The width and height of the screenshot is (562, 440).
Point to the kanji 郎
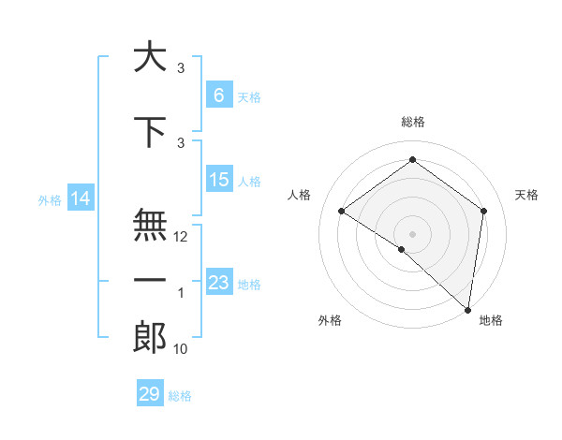tap(150, 336)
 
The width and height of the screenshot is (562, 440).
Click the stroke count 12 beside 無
tap(181, 237)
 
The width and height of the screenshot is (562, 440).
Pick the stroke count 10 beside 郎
tap(181, 349)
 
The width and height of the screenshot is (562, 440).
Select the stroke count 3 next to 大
tap(181, 68)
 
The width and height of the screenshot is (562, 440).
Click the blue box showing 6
tap(218, 95)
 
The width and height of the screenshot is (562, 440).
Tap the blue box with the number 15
tap(218, 180)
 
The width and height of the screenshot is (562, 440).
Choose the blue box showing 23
tap(218, 283)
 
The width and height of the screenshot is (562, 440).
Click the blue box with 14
tap(81, 198)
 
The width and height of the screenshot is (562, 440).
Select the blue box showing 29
tap(150, 394)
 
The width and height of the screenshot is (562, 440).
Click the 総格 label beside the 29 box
tap(180, 396)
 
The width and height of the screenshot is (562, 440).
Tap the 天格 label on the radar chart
tap(527, 195)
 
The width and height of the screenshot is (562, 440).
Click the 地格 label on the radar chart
tap(491, 320)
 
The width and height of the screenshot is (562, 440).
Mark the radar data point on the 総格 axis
tap(412, 160)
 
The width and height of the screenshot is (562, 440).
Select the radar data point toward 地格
tap(467, 309)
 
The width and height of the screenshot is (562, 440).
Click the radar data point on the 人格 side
tap(342, 211)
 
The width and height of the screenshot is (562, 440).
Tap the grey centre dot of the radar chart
tap(412, 233)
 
